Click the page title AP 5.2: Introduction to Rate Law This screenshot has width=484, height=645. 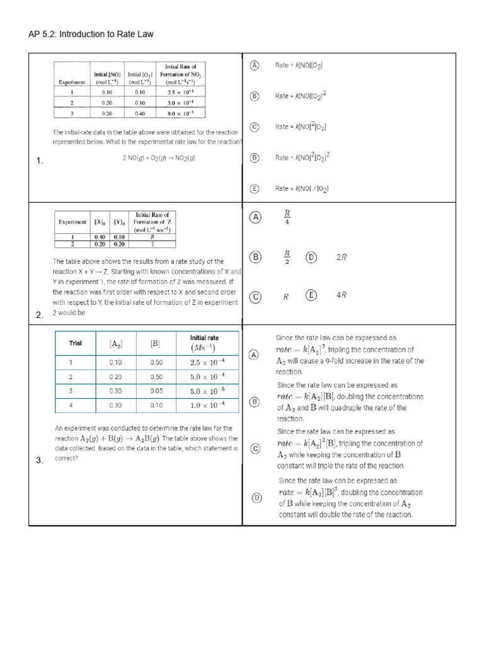pyautogui.click(x=91, y=34)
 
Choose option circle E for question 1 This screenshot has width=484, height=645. pyautogui.click(x=255, y=188)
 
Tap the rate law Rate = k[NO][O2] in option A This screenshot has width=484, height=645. pyautogui.click(x=299, y=66)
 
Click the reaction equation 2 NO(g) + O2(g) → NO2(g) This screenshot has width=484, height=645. pyautogui.click(x=159, y=158)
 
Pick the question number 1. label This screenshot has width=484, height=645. pyautogui.click(x=40, y=161)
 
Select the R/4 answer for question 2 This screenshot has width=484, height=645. pyautogui.click(x=287, y=217)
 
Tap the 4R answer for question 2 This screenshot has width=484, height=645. pyautogui.click(x=342, y=295)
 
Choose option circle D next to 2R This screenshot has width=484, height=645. pyautogui.click(x=311, y=257)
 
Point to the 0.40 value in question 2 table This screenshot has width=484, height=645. pyautogui.click(x=100, y=237)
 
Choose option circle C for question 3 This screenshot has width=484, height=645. pyautogui.click(x=255, y=448)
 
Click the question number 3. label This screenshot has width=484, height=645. pyautogui.click(x=40, y=460)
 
